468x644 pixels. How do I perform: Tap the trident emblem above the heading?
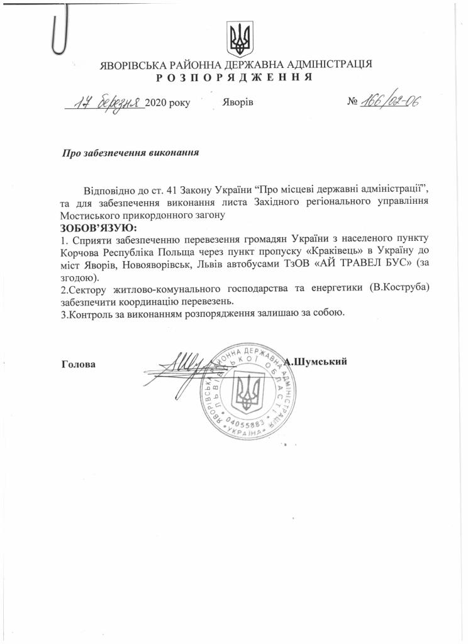[240, 39]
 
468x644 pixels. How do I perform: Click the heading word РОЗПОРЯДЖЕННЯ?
[235, 77]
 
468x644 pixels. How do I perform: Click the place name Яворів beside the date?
[238, 103]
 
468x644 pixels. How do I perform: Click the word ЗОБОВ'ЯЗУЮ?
[98, 227]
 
